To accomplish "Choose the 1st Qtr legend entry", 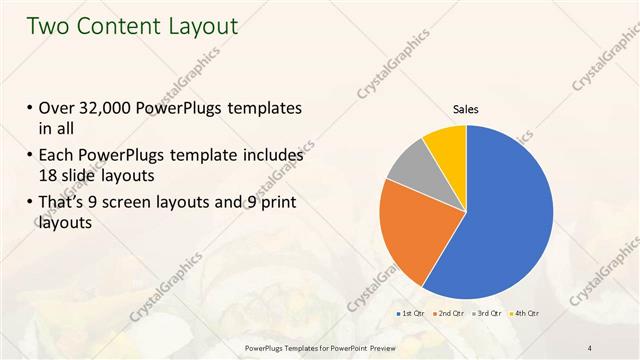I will click(x=411, y=313).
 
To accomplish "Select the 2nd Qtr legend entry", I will click(x=449, y=313).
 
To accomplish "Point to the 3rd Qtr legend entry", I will click(x=487, y=313).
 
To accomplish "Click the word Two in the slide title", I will click(x=45, y=26).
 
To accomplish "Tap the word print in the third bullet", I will click(x=275, y=204).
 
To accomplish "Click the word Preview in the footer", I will click(x=391, y=347).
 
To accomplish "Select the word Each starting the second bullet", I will click(x=58, y=156).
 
